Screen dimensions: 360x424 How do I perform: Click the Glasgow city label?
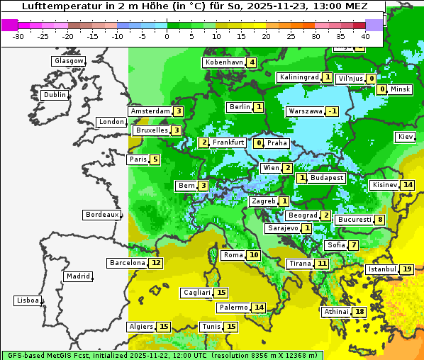(x=68, y=61)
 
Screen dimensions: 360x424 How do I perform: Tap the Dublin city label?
(x=54, y=95)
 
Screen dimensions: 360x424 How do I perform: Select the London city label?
(x=111, y=122)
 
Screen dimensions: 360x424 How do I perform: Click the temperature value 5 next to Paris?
(x=155, y=159)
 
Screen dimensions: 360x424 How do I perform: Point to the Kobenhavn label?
(x=223, y=62)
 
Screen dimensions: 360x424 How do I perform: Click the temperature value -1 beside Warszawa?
(x=331, y=111)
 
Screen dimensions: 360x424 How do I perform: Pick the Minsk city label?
(x=400, y=89)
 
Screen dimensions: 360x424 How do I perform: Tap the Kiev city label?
(x=406, y=137)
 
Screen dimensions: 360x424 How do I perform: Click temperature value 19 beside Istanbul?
(x=406, y=269)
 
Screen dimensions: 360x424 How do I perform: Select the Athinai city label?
(x=335, y=312)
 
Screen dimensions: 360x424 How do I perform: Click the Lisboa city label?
(x=27, y=300)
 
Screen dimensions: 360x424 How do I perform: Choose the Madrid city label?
(x=77, y=276)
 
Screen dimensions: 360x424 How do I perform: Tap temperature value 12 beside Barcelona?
(x=156, y=263)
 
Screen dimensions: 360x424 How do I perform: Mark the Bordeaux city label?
(x=101, y=215)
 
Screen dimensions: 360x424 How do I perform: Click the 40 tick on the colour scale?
(x=365, y=36)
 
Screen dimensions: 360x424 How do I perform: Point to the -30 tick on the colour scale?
(x=18, y=36)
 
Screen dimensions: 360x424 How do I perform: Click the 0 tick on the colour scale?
(x=167, y=36)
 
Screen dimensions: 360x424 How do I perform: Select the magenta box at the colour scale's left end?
(x=9, y=25)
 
